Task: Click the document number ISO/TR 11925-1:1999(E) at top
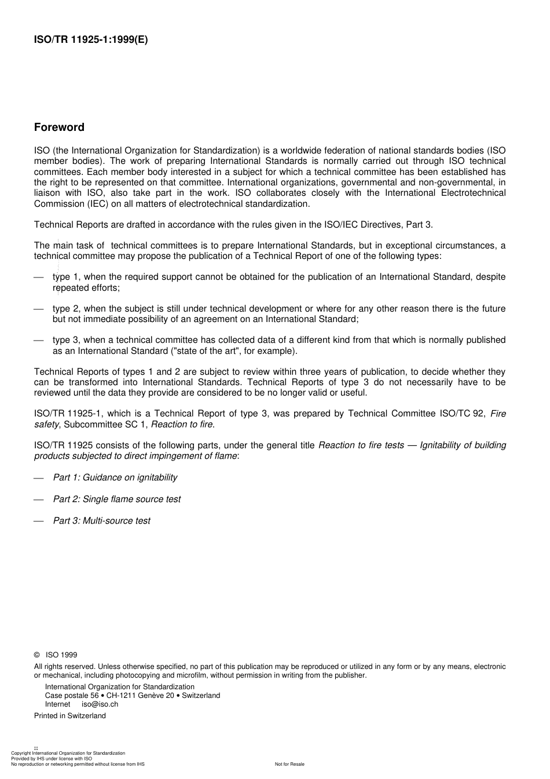[x=91, y=40]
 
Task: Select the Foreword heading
[x=59, y=127]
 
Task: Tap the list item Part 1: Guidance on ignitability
[x=115, y=477]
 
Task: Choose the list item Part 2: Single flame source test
[x=116, y=499]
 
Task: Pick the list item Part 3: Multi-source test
[x=101, y=521]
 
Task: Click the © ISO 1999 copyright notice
[x=56, y=655]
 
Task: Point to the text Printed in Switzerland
[x=70, y=716]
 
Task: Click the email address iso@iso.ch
[x=100, y=704]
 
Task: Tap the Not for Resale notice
[x=289, y=764]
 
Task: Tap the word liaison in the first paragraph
[x=47, y=193]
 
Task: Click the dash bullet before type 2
[x=39, y=309]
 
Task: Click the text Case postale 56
[x=72, y=696]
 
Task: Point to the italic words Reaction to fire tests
[x=361, y=445]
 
